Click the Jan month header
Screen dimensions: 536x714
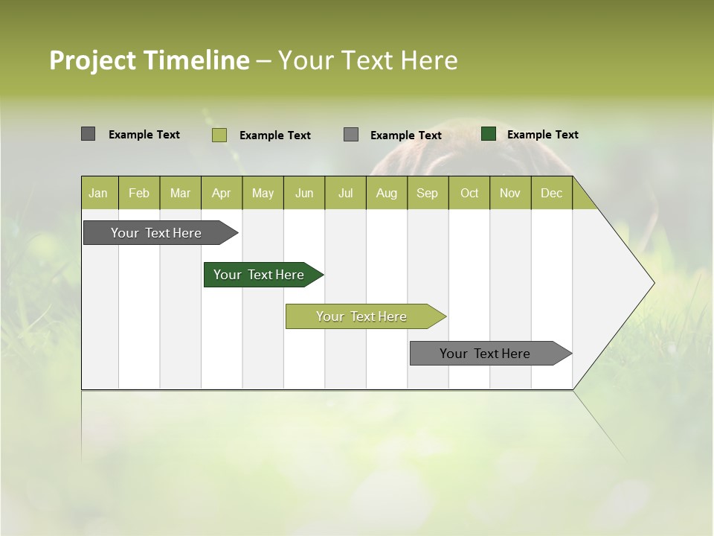click(99, 193)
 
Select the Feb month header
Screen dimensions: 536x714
click(139, 193)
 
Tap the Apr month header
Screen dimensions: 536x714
click(222, 193)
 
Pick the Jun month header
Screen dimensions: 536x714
click(304, 193)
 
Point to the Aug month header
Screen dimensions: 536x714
click(387, 193)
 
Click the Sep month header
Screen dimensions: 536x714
click(428, 193)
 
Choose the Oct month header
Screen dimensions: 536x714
click(469, 193)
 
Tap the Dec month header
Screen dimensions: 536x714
click(552, 193)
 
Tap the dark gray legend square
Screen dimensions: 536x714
click(89, 134)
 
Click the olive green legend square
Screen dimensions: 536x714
click(219, 135)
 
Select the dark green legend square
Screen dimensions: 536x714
click(489, 134)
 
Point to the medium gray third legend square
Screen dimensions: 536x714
click(351, 135)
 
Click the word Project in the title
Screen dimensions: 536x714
click(92, 60)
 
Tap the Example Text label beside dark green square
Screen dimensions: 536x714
click(543, 135)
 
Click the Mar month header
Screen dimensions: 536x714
click(181, 193)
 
